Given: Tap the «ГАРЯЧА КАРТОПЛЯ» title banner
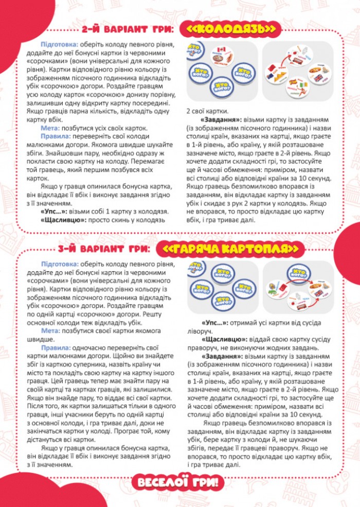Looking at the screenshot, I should point(232,249).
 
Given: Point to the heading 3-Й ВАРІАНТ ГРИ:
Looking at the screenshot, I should point(104,249).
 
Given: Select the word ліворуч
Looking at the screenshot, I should point(199,331).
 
